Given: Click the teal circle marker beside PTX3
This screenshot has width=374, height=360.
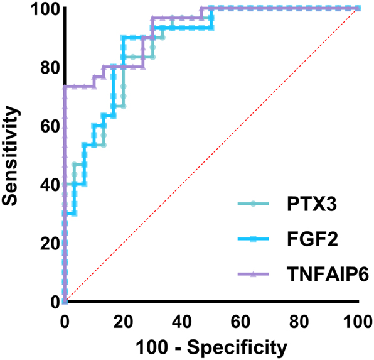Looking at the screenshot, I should tap(254, 204).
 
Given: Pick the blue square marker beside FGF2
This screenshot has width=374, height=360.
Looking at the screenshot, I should tap(254, 239).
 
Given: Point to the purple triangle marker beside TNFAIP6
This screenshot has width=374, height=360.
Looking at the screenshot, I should tap(254, 274).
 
